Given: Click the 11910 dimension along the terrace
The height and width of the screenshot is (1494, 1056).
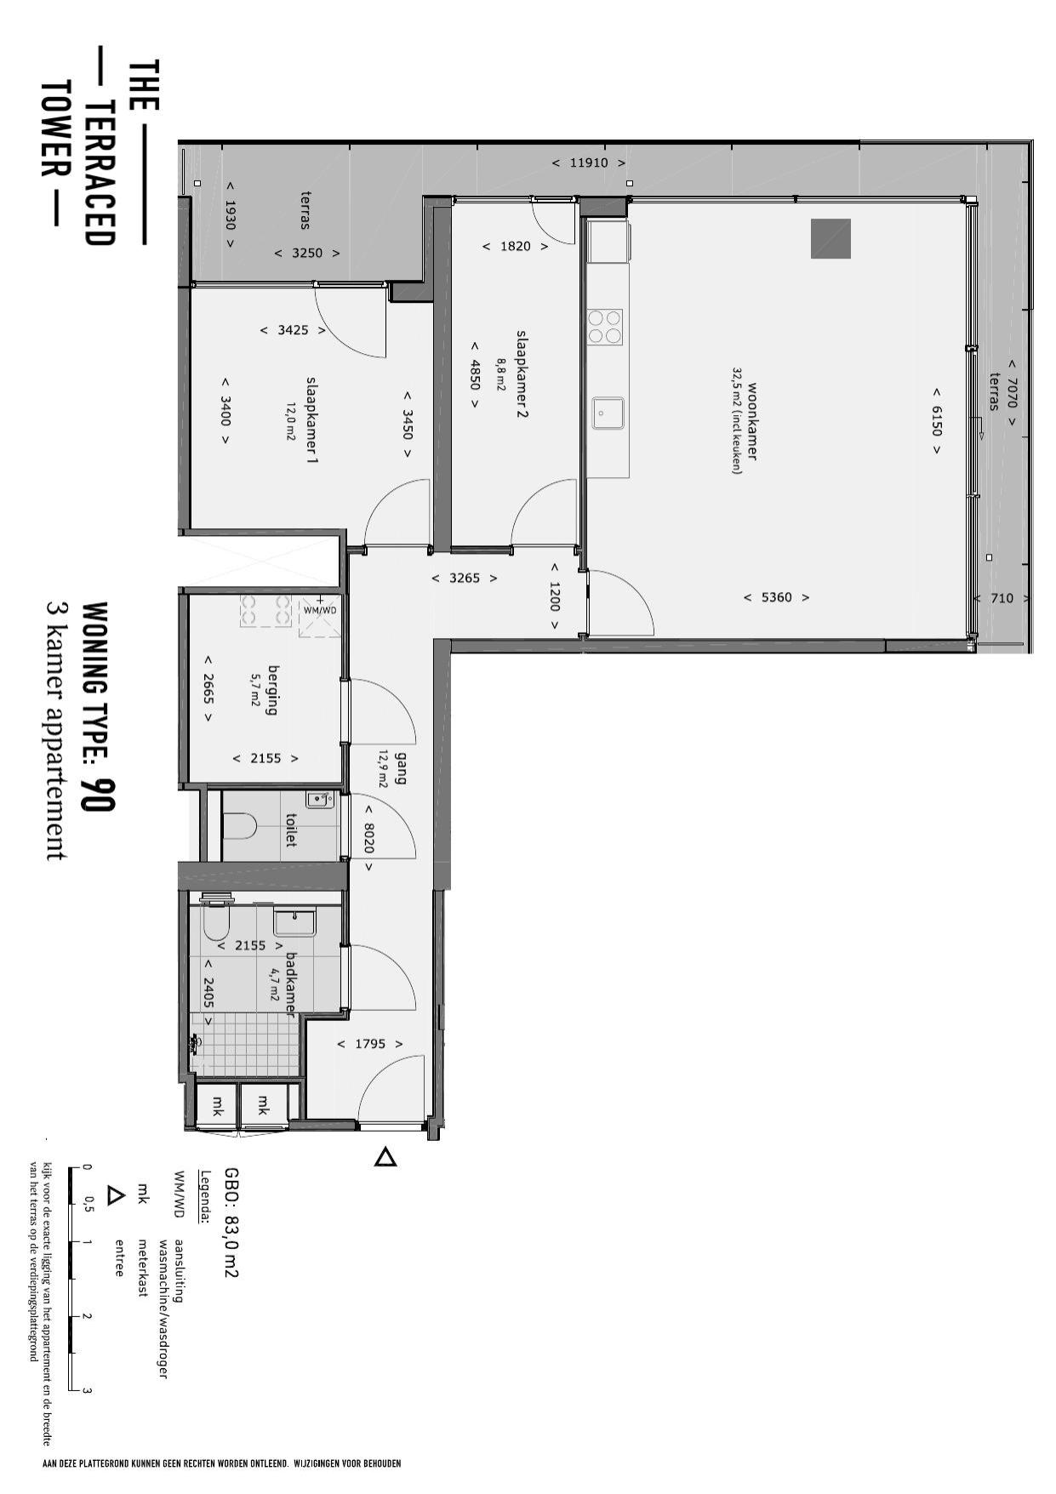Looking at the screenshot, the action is point(588,163).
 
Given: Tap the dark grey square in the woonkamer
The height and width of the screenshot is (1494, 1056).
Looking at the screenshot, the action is point(831,238).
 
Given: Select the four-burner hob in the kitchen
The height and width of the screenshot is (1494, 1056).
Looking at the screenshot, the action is point(605,327).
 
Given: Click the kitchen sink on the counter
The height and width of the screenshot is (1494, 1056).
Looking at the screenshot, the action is point(608,413).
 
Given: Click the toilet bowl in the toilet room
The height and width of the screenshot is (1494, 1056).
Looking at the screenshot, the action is point(240,825).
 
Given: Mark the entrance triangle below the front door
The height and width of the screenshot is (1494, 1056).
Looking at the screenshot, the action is point(385,1157).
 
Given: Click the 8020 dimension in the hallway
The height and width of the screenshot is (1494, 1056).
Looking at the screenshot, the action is point(368,837).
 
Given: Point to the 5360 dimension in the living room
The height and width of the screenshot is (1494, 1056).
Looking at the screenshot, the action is point(776,597).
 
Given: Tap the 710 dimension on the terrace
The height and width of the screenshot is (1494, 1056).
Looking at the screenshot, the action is point(1002,598).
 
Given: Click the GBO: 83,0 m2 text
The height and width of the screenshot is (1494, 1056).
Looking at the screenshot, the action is point(231,1223).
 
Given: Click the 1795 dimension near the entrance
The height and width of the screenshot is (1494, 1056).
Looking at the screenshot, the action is point(370,1044).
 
